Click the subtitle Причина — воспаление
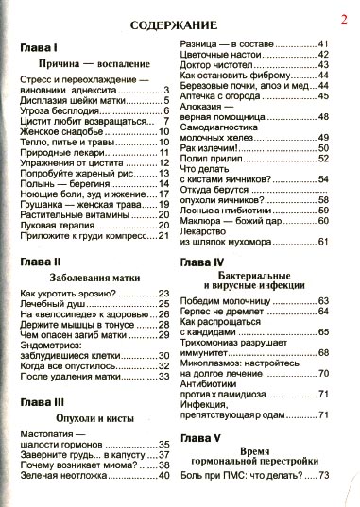coord(92,63)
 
